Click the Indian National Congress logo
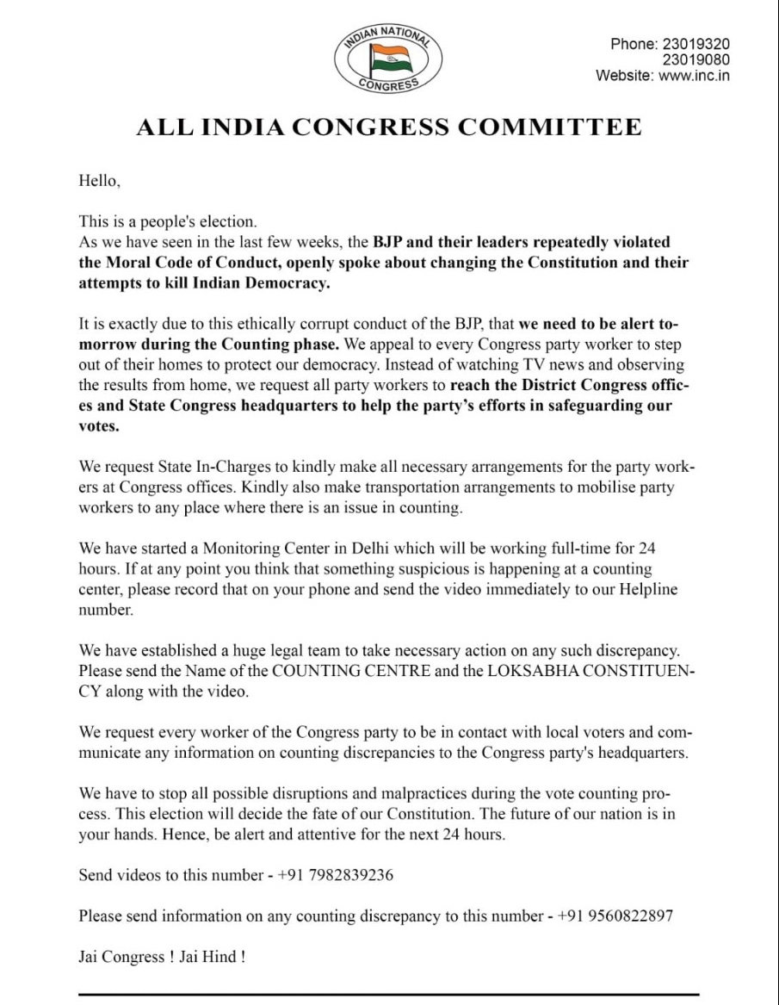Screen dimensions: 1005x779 [x=388, y=57]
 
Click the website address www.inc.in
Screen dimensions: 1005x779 [x=695, y=75]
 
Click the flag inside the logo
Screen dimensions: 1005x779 [x=388, y=58]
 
